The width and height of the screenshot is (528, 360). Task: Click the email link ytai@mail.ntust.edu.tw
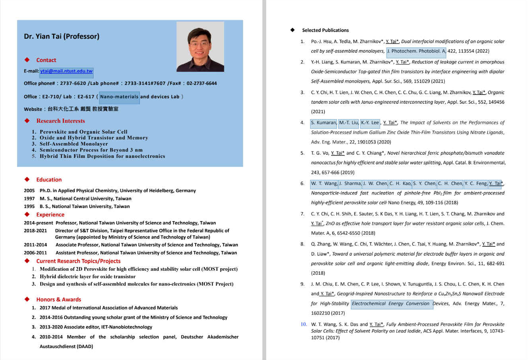pyautogui.click(x=67, y=71)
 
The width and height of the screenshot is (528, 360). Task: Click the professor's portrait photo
pyautogui.click(x=200, y=47)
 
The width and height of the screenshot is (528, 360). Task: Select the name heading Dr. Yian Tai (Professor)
pyautogui.click(x=62, y=36)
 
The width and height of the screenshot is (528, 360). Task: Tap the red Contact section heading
pyautogui.click(x=46, y=60)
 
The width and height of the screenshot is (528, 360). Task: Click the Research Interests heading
pyautogui.click(x=61, y=121)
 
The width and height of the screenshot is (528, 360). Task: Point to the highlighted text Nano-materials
pyautogui.click(x=119, y=96)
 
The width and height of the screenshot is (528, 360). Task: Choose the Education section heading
pyautogui.click(x=49, y=180)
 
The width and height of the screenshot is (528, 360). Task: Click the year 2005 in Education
pyautogui.click(x=29, y=191)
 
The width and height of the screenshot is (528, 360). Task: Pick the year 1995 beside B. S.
pyautogui.click(x=29, y=207)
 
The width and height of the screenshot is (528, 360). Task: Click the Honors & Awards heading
pyautogui.click(x=59, y=299)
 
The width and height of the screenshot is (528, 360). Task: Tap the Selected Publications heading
pyautogui.click(x=325, y=30)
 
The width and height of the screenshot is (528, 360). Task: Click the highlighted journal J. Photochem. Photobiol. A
pyautogui.click(x=416, y=51)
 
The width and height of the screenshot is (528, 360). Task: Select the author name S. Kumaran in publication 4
pyautogui.click(x=324, y=123)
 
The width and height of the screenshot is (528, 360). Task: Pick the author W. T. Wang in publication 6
pyautogui.click(x=324, y=183)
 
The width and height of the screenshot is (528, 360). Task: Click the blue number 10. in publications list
pyautogui.click(x=304, y=325)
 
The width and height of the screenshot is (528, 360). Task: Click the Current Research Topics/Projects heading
pyautogui.click(x=78, y=261)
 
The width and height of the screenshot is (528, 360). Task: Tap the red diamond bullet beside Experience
pyautogui.click(x=27, y=214)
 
